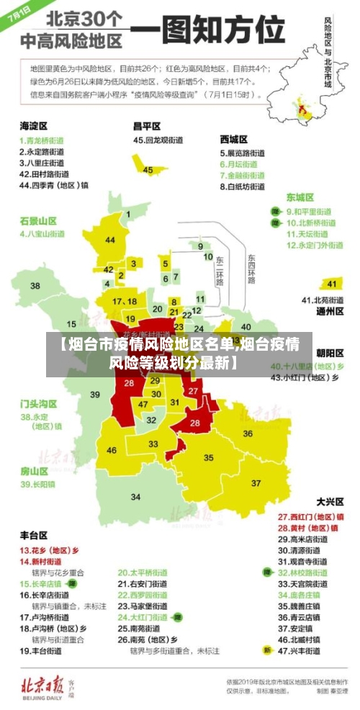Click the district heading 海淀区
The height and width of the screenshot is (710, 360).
[33, 125]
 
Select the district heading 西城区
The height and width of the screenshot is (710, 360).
[233, 138]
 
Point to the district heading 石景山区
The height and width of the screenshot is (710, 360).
[37, 220]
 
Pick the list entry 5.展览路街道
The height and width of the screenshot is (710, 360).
[242, 153]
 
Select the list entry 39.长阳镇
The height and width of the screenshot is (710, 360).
[39, 485]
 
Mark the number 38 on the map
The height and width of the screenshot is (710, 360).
[35, 286]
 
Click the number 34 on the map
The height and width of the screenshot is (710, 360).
[135, 497]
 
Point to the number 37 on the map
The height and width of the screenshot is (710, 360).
[256, 482]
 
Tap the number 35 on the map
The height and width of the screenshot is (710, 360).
[209, 457]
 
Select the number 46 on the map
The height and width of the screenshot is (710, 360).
[112, 451]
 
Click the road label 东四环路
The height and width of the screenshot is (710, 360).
[251, 269]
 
